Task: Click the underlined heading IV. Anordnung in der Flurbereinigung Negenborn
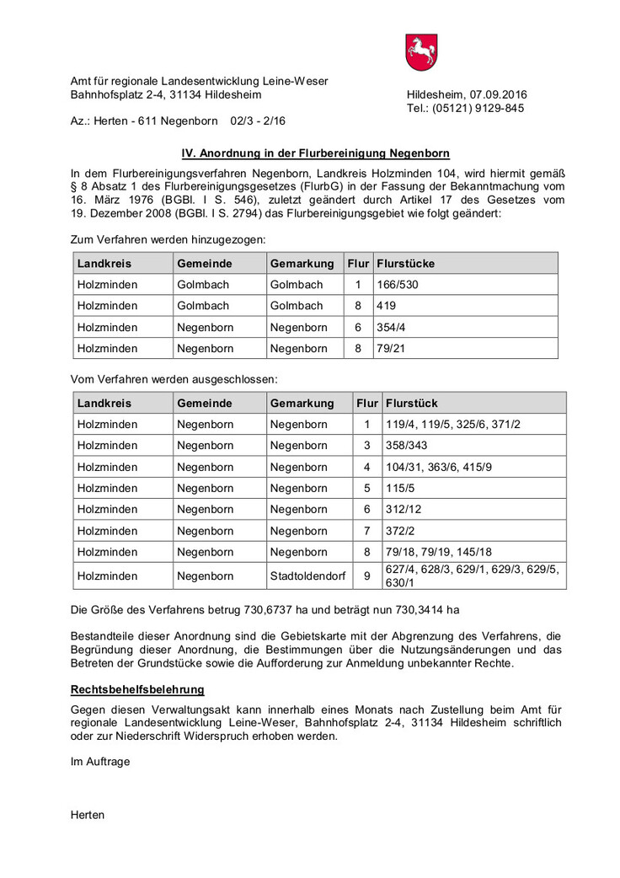click(316, 153)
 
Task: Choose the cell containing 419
click(387, 306)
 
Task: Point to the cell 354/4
click(392, 327)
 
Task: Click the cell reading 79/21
click(392, 348)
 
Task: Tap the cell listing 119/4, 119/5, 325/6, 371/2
click(453, 424)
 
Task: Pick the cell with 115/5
click(400, 488)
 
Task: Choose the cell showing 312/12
click(403, 509)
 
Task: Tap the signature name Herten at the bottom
click(88, 815)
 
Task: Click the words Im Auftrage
click(100, 761)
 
